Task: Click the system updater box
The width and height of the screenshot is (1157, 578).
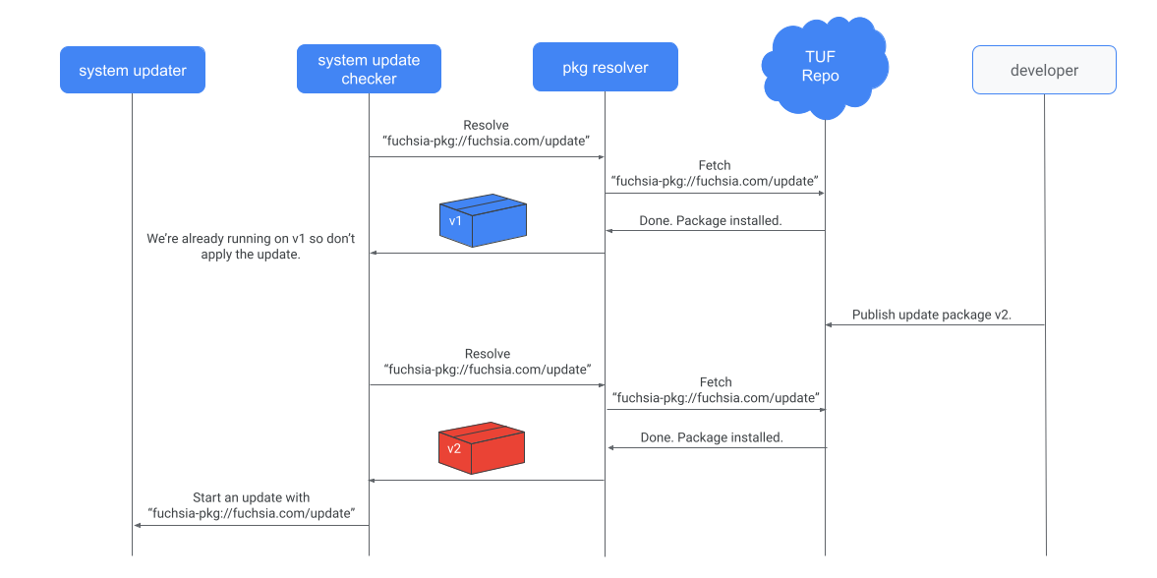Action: (133, 70)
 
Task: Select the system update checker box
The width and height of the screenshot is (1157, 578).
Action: (369, 70)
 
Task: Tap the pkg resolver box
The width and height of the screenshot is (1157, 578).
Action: (605, 69)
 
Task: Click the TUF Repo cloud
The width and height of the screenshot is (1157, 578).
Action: (824, 67)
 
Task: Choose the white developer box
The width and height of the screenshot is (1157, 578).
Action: (1044, 70)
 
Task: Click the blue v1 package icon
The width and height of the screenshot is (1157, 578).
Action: (483, 220)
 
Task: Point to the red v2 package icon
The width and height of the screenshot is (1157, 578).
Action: (482, 448)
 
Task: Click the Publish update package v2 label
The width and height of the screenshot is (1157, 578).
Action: (932, 316)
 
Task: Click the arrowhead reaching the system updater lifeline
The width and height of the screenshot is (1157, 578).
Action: (138, 525)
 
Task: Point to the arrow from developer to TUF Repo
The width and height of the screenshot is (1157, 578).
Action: (934, 325)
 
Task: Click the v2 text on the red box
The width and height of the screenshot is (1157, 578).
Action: (454, 449)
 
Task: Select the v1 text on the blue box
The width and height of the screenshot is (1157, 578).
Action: (455, 221)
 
